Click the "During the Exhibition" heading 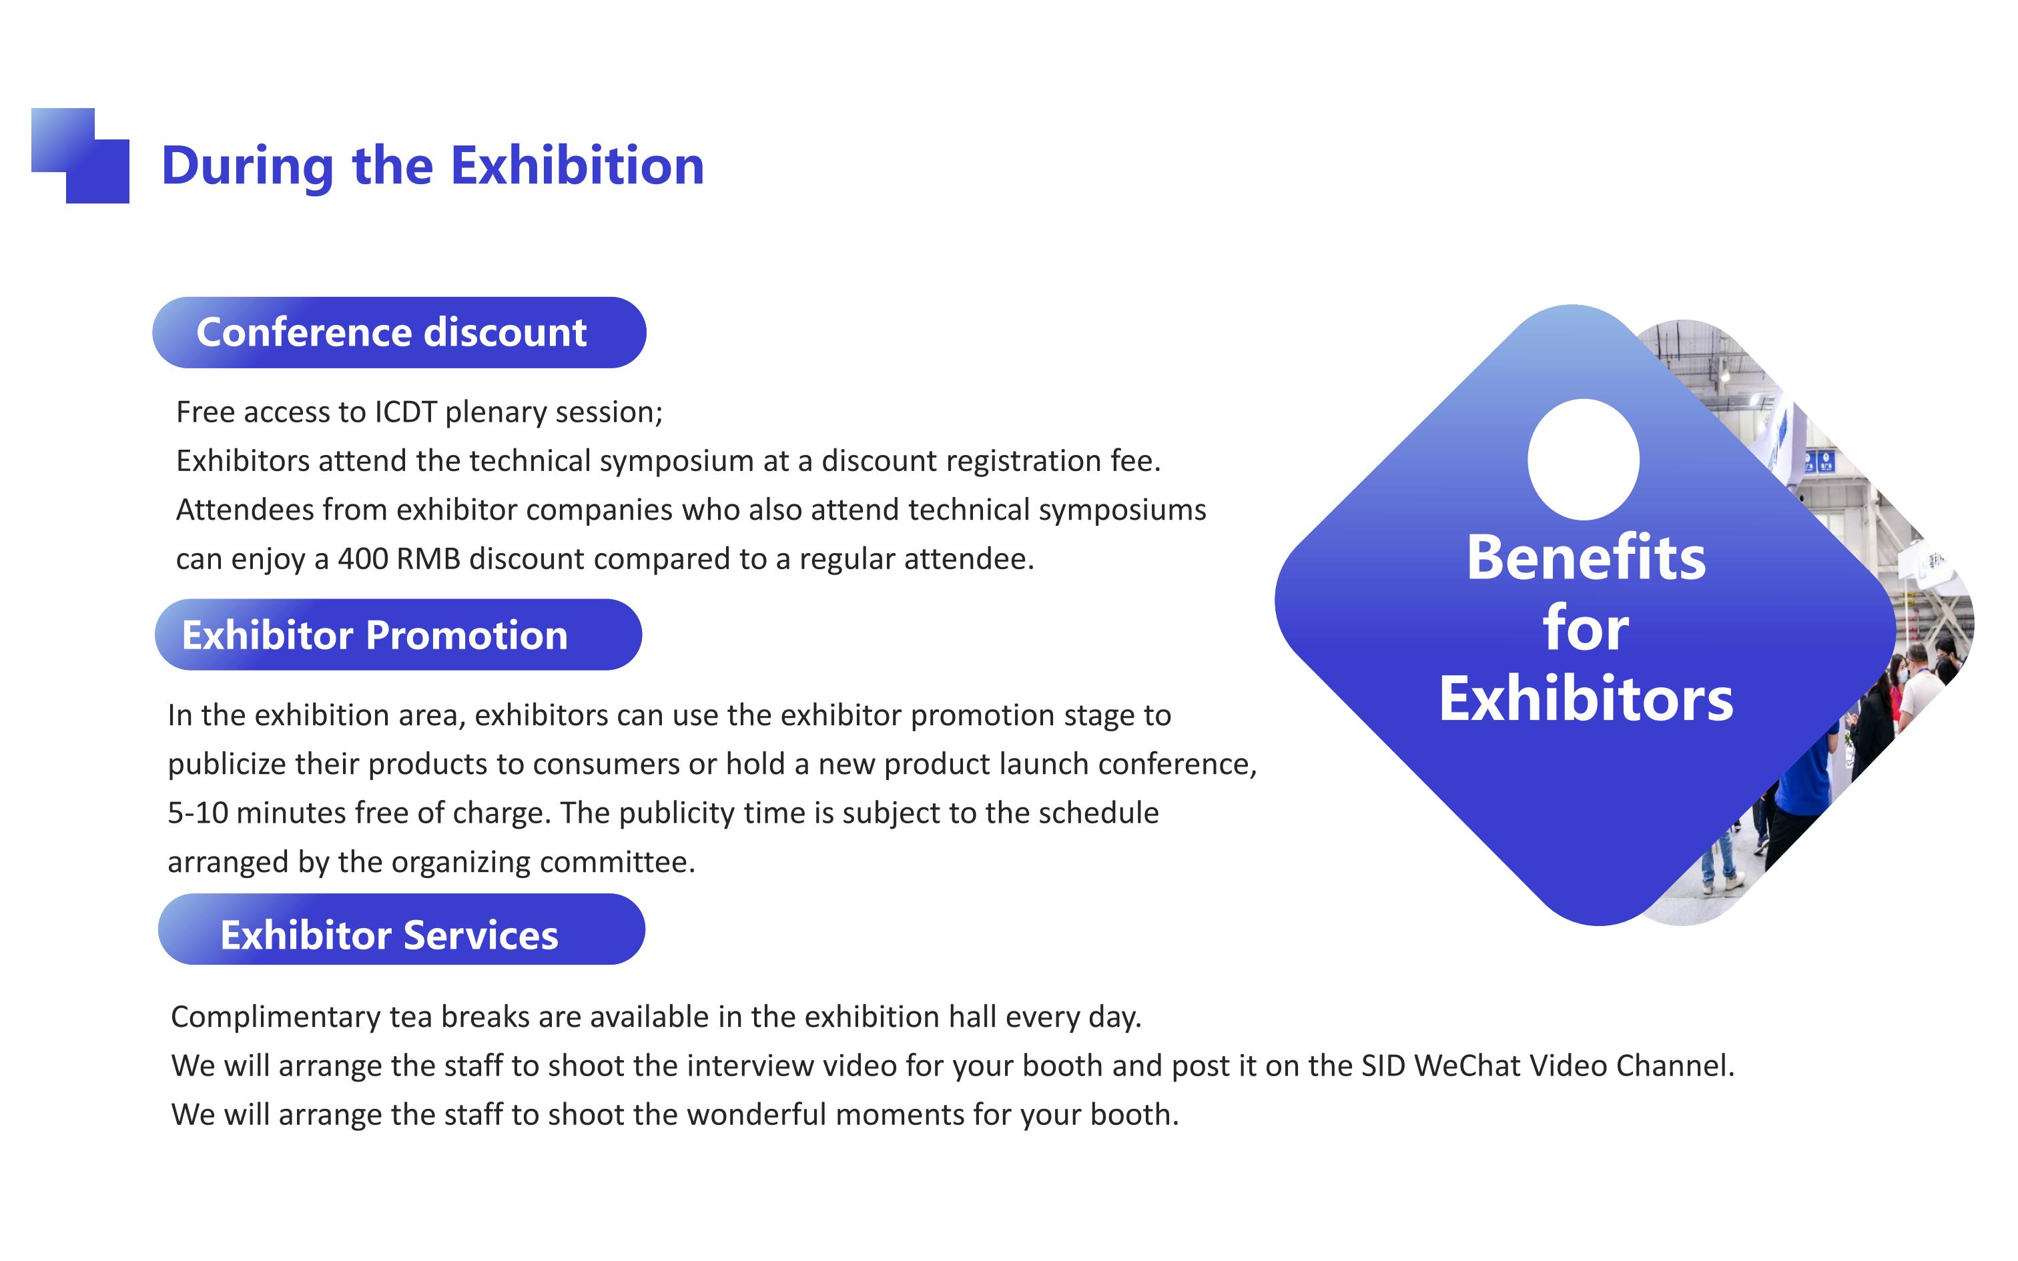(433, 165)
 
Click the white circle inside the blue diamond (1584, 460)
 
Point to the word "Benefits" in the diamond (1586, 557)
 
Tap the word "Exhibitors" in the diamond (1586, 699)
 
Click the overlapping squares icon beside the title (80, 156)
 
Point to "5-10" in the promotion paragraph (198, 813)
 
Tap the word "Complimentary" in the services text (275, 1017)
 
